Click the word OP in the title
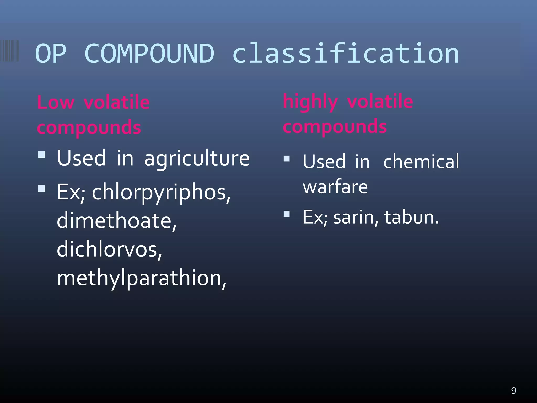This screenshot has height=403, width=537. tap(50, 54)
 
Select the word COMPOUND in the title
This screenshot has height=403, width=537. tap(149, 54)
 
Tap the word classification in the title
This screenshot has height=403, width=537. tap(346, 54)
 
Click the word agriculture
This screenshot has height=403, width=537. tap(197, 158)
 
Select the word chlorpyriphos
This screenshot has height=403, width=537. tap(161, 193)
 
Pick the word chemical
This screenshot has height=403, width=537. tap(421, 162)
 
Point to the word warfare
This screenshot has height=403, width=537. tap(335, 187)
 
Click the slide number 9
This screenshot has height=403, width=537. tap(514, 391)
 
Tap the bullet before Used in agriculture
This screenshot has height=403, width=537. tap(41, 154)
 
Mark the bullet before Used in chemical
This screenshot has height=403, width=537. tap(287, 158)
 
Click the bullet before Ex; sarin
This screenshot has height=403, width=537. tap(287, 214)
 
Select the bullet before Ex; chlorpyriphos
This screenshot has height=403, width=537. tap(41, 188)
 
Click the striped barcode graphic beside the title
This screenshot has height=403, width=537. tap(9, 51)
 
